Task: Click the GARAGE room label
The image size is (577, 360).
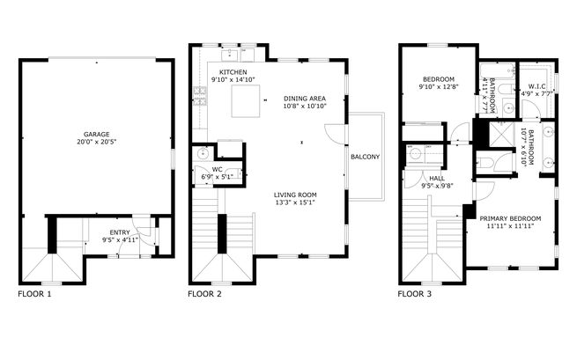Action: click(x=96, y=135)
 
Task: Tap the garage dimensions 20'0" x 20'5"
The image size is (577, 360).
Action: click(x=96, y=143)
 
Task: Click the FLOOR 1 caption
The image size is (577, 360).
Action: click(x=34, y=294)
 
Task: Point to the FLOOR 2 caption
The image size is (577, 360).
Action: click(x=204, y=294)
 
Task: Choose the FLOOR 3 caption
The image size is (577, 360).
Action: click(x=414, y=294)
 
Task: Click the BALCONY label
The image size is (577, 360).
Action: click(x=365, y=157)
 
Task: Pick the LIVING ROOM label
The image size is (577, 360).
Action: click(x=296, y=195)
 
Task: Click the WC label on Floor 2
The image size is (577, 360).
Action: click(x=217, y=169)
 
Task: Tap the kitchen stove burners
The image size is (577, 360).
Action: click(x=200, y=96)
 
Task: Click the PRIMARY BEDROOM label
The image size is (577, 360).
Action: click(x=514, y=218)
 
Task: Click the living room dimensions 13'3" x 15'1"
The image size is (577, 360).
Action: click(x=296, y=202)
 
